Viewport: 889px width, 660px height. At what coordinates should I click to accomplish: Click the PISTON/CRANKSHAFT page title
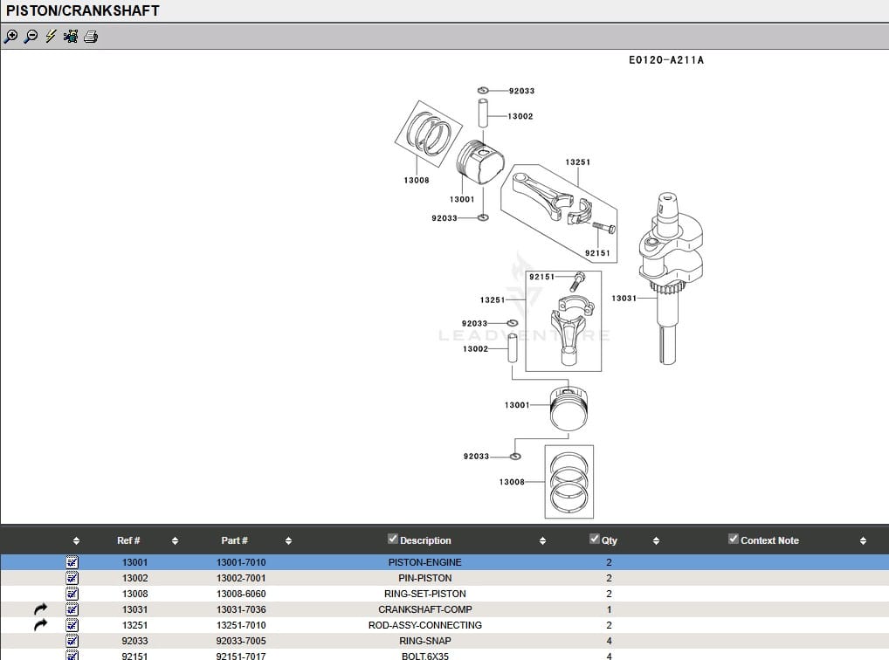pyautogui.click(x=83, y=10)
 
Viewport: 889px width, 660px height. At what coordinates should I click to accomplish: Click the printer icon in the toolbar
pyautogui.click(x=91, y=37)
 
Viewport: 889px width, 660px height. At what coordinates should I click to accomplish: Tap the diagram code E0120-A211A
pyautogui.click(x=665, y=60)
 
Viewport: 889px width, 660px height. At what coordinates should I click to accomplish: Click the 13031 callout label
pyautogui.click(x=624, y=299)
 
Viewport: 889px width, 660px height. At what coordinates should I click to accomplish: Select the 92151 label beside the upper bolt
pyautogui.click(x=597, y=253)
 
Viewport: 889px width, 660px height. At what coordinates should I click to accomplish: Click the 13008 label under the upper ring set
pyautogui.click(x=417, y=181)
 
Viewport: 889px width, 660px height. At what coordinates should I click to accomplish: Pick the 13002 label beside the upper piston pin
pyautogui.click(x=520, y=116)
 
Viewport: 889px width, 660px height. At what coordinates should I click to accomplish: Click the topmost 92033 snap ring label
pyautogui.click(x=521, y=91)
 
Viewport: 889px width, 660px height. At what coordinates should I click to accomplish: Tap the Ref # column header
pyautogui.click(x=128, y=540)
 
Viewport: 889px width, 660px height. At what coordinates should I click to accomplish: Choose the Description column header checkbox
pyautogui.click(x=393, y=540)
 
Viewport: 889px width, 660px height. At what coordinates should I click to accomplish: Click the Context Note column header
pyautogui.click(x=769, y=540)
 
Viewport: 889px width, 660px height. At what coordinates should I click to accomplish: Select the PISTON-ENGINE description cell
pyautogui.click(x=424, y=562)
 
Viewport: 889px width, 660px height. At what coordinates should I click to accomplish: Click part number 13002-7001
pyautogui.click(x=241, y=578)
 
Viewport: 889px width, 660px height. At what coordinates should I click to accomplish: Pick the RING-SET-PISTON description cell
pyautogui.click(x=424, y=594)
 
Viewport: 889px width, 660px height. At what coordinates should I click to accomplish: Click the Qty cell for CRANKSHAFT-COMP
pyautogui.click(x=609, y=609)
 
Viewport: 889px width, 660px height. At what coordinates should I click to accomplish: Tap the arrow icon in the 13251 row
pyautogui.click(x=40, y=625)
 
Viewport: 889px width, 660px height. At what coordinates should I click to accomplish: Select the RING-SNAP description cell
pyautogui.click(x=424, y=641)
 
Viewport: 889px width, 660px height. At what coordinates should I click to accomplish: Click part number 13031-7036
pyautogui.click(x=241, y=609)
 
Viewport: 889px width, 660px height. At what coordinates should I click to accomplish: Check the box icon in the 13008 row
pyautogui.click(x=72, y=594)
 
